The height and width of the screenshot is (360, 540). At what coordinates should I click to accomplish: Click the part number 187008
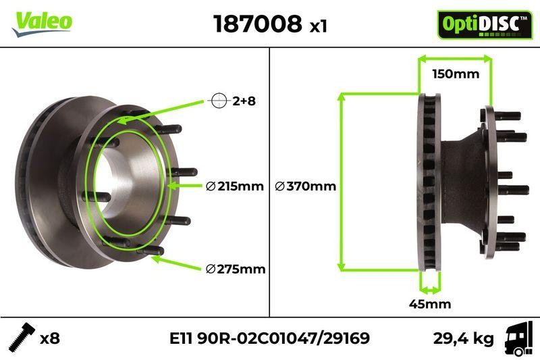point(257,24)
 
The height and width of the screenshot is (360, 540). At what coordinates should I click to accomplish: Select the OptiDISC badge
point(480,24)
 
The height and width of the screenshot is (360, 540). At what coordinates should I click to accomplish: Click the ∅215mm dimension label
point(234,186)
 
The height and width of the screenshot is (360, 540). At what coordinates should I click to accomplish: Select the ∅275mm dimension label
point(235,269)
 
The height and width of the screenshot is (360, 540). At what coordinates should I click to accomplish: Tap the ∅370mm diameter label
point(305,186)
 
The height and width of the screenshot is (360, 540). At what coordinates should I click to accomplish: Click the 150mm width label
point(455,74)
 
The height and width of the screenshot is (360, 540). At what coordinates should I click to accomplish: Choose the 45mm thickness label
point(430,304)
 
